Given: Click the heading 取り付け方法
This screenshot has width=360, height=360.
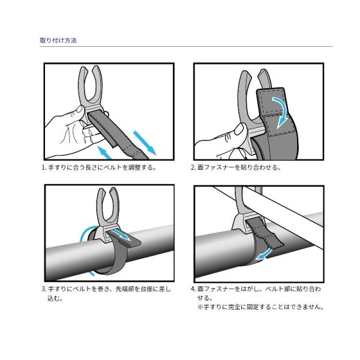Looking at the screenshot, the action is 58,41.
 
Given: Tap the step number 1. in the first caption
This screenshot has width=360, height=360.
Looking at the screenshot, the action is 44,167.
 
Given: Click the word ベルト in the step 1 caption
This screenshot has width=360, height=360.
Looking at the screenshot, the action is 112,167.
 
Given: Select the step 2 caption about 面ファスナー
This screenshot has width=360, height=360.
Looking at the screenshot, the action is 236,167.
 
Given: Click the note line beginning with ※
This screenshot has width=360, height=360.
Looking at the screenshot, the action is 260,307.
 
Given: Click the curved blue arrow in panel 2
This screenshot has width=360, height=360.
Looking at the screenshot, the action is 281,112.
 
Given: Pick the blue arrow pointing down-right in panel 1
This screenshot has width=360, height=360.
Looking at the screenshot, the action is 145,143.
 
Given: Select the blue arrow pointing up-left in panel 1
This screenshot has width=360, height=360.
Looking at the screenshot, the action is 104,152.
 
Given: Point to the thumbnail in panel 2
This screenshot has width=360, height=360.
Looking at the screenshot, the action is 239,129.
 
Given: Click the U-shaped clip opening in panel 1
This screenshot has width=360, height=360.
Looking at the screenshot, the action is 90,85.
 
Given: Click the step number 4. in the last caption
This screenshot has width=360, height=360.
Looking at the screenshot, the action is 193,289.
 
